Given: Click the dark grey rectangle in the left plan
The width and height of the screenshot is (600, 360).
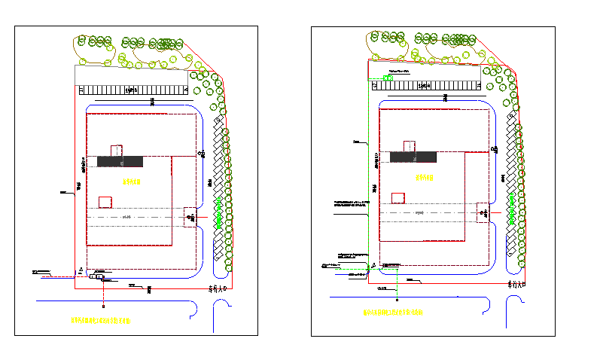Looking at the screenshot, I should tap(120, 161).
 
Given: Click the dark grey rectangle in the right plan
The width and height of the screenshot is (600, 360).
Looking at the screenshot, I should tap(413, 157).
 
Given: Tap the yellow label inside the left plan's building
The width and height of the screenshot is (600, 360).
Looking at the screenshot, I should tap(132, 182).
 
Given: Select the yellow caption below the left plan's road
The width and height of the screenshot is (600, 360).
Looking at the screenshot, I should tap(100, 321).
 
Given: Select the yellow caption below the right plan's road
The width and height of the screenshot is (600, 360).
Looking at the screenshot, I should tap(392, 311).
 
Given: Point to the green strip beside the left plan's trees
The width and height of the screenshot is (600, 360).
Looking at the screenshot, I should tap(219, 213).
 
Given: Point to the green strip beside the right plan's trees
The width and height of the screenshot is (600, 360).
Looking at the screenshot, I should tap(512, 208).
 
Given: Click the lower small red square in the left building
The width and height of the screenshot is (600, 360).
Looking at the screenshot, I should tap(105, 201).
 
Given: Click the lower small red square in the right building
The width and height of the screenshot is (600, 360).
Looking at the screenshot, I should tap(398, 198).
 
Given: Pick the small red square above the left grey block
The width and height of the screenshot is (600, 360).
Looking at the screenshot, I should tap(117, 150).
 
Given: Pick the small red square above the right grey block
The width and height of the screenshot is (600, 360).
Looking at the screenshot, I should tap(410, 145).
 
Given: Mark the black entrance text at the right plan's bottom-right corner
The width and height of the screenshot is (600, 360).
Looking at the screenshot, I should tap(519, 285).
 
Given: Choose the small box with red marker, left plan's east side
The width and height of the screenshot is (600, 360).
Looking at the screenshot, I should tap(190, 217).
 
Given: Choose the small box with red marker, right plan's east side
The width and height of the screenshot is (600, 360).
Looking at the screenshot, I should tap(483, 212).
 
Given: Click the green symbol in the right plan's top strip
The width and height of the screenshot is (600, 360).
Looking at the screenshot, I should tap(388, 77).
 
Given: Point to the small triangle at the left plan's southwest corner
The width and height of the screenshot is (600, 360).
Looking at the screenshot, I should tap(81, 270).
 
